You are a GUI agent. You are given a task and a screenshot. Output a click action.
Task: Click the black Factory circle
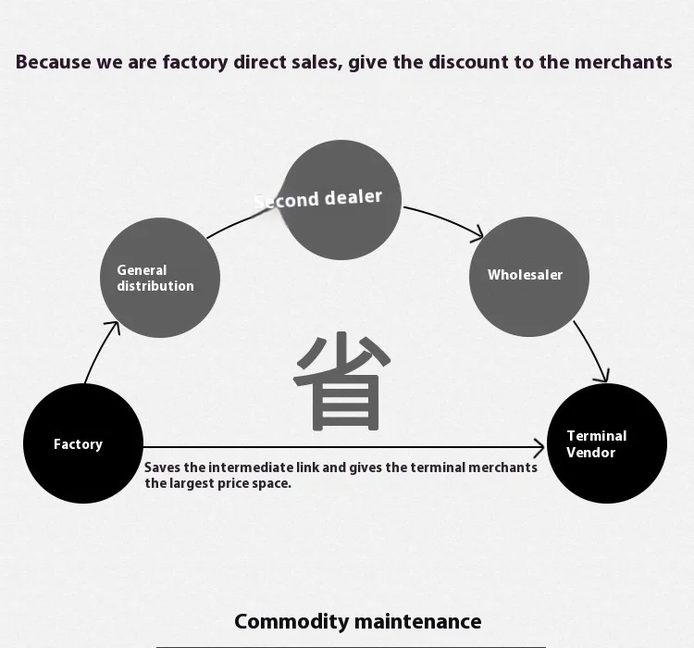83,443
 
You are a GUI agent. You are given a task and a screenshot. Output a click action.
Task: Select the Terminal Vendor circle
607,443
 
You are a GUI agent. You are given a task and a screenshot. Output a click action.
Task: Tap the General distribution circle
160,278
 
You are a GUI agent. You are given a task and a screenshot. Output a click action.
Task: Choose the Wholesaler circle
529,277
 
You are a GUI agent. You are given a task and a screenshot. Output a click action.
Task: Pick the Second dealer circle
341,200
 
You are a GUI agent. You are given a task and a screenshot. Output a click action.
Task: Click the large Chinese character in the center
341,381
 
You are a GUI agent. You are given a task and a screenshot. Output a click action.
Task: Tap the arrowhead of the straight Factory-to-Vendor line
539,448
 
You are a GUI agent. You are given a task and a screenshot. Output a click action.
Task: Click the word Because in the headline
53,62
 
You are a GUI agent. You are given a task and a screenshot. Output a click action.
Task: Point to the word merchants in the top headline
623,62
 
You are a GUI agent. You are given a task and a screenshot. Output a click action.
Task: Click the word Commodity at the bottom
291,621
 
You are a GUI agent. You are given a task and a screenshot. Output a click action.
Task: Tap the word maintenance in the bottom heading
418,621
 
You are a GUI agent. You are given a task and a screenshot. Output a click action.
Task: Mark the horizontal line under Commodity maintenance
351,647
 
